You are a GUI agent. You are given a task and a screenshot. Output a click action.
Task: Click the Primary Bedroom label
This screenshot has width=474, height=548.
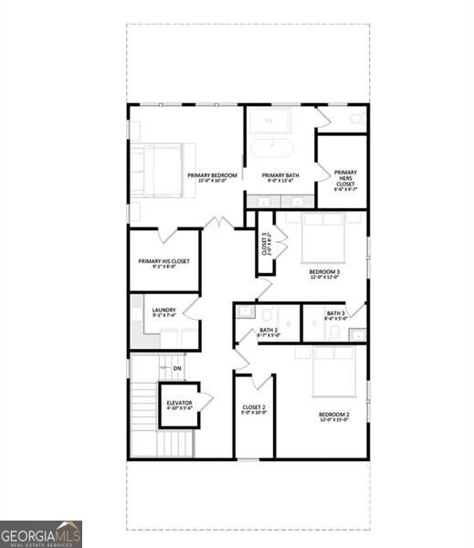click(x=212, y=177)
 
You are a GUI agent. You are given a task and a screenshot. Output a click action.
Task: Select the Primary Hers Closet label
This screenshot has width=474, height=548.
click(x=345, y=178)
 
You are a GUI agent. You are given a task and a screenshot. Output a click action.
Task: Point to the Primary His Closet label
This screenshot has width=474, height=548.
click(x=164, y=264)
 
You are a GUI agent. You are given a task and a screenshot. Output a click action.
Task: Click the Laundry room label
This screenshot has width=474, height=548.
click(x=164, y=313)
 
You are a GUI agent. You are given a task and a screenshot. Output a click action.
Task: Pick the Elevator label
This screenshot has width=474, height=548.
click(x=179, y=406)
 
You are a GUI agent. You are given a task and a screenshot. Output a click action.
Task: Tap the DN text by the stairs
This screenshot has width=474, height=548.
click(x=177, y=368)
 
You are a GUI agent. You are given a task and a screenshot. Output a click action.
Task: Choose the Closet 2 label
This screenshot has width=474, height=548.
click(x=254, y=409)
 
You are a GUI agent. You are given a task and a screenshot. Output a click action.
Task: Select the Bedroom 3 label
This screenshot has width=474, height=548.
click(x=324, y=274)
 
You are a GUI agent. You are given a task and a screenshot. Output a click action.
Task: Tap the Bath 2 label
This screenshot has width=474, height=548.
click(x=269, y=332)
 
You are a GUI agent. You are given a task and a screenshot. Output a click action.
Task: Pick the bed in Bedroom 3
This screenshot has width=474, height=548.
click(x=323, y=237)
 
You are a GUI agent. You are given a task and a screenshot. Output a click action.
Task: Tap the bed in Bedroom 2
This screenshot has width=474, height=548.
click(x=334, y=372)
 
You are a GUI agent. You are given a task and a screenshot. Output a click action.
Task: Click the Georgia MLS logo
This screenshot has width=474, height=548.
click(x=41, y=533)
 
